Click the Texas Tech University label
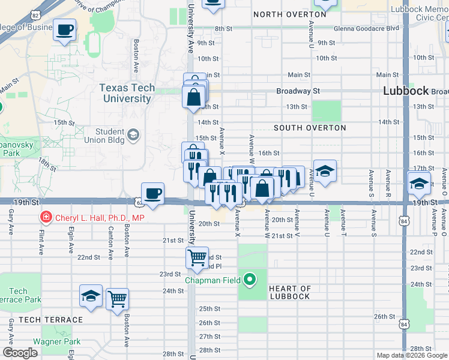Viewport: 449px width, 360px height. pos(127,93)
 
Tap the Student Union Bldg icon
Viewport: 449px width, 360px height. pos(133,133)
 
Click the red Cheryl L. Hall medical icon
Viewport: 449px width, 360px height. pos(44,217)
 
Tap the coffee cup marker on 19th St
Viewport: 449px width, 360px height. pos(153,193)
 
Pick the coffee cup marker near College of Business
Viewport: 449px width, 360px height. pos(65,29)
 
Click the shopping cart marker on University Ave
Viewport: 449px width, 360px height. pos(197,258)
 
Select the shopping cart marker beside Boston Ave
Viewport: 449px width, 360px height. pos(117,298)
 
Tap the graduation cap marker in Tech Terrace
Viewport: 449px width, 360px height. pos(91,296)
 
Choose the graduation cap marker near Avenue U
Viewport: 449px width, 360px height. pos(324,171)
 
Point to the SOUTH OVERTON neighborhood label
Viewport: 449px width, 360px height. pos(310,128)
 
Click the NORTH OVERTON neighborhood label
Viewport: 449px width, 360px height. pos(285,14)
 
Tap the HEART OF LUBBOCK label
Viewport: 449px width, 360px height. pos(289,292)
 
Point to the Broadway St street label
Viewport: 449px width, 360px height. pos(298,91)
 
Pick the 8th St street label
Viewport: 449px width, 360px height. pos(223,29)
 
